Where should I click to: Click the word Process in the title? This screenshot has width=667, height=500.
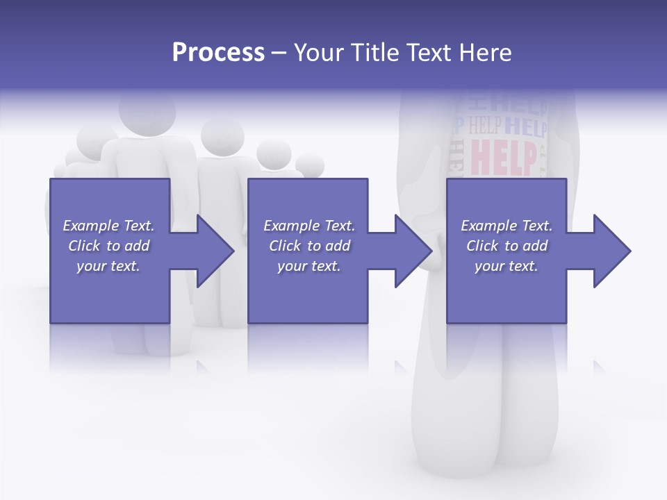point(218,52)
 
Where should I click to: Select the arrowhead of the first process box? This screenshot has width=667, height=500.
point(215,251)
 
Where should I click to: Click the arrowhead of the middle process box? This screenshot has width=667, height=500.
point(413,251)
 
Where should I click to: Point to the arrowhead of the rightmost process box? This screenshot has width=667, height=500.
point(611,251)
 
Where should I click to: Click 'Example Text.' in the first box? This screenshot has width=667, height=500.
point(108,226)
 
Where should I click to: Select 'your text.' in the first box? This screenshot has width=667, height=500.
point(108,265)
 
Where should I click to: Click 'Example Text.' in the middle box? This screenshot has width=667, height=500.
point(309,226)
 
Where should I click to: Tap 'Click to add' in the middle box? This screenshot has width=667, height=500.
point(309,246)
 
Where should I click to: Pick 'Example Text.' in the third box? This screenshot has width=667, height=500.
point(507,226)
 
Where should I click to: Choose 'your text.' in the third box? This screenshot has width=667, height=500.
point(507,265)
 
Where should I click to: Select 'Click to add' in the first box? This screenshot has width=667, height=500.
point(108,246)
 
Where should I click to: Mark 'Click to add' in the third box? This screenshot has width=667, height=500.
point(507,246)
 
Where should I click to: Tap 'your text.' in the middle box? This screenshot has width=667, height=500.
point(309,265)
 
